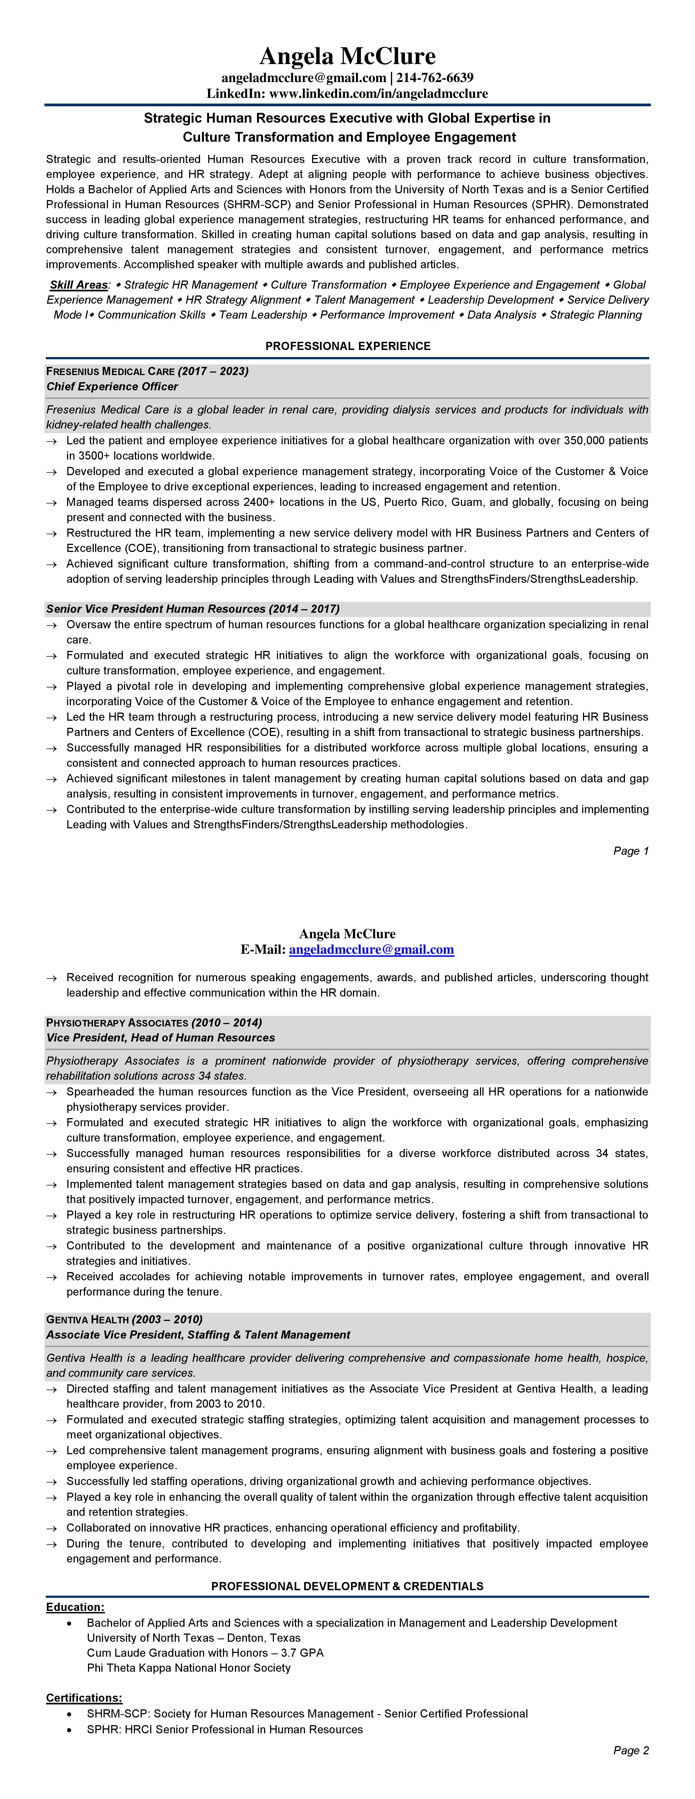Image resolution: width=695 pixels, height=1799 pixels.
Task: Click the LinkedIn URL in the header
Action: click(x=378, y=93)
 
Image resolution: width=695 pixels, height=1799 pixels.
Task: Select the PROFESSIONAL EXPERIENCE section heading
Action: click(x=348, y=346)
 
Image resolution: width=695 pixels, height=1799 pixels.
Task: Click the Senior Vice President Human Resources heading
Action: click(x=193, y=609)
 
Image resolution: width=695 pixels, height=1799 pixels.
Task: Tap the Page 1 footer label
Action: click(x=631, y=851)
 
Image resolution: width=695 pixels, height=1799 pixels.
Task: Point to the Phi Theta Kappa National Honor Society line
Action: click(x=189, y=1668)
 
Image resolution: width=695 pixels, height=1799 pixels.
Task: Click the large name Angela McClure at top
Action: click(x=347, y=56)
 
